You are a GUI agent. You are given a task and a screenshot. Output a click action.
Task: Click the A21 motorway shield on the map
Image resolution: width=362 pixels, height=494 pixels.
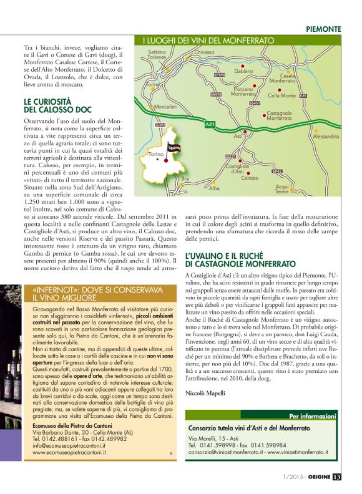(210, 125)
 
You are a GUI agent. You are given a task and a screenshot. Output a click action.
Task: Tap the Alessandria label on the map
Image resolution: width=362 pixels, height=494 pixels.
(326, 136)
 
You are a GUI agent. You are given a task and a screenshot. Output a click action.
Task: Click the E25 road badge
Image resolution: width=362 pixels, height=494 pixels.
(303, 95)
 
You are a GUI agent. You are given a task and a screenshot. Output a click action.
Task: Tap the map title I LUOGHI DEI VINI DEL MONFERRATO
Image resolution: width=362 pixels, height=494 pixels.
(208, 41)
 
